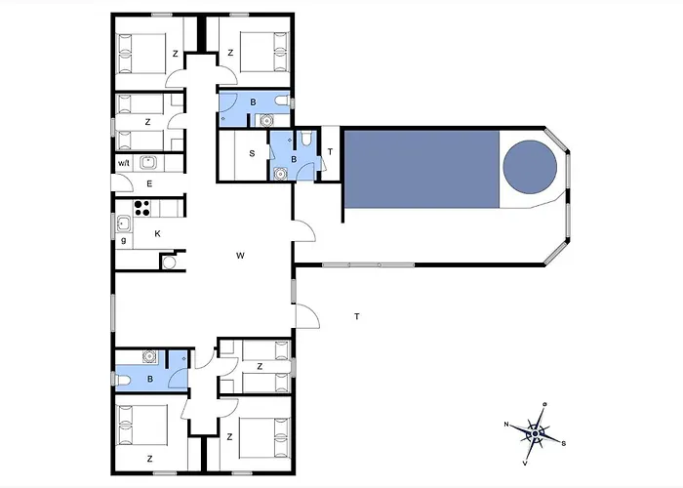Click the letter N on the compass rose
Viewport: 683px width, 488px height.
pos(507,425)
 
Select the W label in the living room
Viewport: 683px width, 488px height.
pos(240,255)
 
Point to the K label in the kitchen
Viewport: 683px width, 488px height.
pos(157,233)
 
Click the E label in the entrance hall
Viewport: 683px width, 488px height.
pos(150,183)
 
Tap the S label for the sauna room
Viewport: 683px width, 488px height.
pos(251,153)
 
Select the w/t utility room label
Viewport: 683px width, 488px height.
pos(124,163)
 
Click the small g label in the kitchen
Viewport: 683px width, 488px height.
pos(123,240)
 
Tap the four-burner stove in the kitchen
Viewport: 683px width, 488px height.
pos(141,207)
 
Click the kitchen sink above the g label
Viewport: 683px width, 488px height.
pos(124,224)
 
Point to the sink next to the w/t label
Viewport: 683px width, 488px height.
pos(149,163)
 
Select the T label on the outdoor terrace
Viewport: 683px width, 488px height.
pos(357,316)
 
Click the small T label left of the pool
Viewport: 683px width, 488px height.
pos(330,151)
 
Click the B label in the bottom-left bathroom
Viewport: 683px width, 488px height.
pos(150,379)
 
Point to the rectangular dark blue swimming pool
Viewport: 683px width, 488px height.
pos(420,168)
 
